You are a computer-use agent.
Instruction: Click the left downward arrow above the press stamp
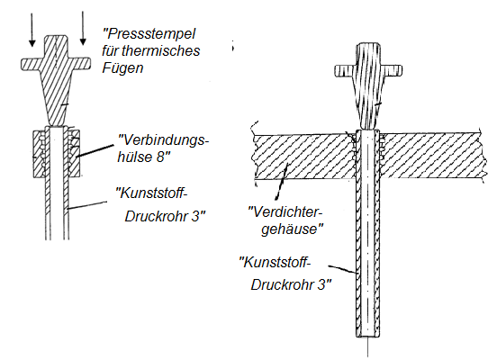32,30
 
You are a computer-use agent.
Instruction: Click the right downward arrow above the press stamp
83,28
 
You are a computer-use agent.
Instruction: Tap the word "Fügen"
122,68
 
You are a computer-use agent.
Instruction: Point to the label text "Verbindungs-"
163,139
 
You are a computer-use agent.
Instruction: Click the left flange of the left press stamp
31,64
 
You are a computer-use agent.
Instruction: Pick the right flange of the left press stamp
81,63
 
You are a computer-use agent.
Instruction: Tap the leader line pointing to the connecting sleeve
96,150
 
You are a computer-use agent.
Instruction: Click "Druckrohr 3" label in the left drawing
165,216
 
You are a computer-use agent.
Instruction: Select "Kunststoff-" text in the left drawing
150,193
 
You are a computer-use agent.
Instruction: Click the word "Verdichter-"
285,212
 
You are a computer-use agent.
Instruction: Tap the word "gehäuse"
292,229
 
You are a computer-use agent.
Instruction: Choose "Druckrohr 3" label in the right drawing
291,284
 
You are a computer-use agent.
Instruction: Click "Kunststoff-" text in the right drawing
275,263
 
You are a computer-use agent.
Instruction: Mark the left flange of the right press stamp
345,71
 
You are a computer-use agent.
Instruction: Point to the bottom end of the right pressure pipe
367,337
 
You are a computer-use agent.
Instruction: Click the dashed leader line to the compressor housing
281,182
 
